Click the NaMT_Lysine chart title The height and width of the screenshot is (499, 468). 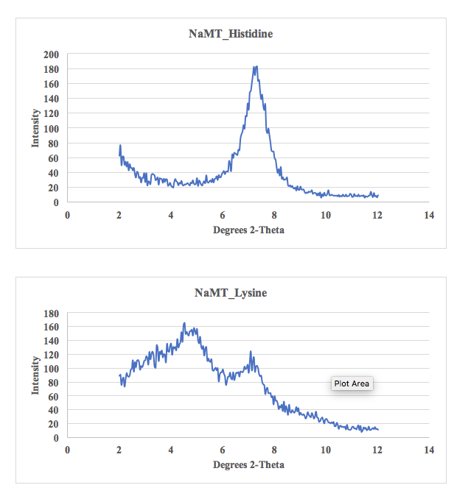pos(231,293)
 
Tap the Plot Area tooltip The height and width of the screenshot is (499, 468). pos(352,383)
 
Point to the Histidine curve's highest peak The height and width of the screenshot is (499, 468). pos(256,67)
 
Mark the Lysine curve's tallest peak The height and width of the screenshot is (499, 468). pos(184,323)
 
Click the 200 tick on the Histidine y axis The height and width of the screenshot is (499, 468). pos(52,54)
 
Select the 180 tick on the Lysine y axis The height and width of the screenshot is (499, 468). pos(52,314)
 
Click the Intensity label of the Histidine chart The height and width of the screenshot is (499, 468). pos(35,128)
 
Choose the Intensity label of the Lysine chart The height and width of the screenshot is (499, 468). pos(35,375)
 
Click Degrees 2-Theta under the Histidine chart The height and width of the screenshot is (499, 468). pos(248,230)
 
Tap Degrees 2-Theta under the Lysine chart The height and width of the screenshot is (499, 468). pos(248,464)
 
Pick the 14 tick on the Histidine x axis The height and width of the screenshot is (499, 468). pos(430,215)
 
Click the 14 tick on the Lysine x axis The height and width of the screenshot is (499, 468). pos(430,450)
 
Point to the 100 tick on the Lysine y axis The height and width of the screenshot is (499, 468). pos(52,369)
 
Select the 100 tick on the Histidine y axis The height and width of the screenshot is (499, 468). pos(52,128)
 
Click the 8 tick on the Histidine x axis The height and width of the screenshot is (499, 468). pos(274,215)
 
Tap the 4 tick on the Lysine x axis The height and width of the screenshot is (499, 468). pos(171,450)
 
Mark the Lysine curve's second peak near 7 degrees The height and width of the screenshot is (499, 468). pos(251,352)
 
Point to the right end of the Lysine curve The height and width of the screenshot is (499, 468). pos(377,429)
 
